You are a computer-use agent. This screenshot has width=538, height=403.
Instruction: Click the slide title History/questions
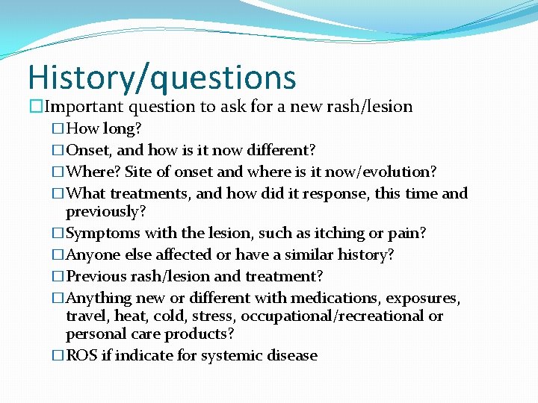coord(162,78)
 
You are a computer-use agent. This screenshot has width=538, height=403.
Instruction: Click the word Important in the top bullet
coord(82,107)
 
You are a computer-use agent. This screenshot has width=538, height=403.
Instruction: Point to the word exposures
coord(423,298)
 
